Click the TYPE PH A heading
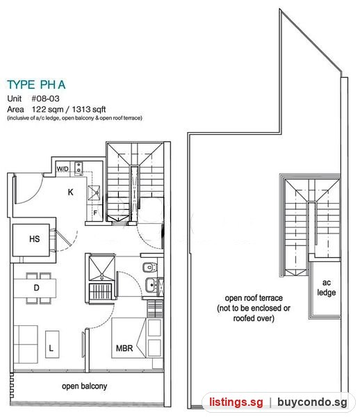pos(36,85)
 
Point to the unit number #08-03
pos(45,99)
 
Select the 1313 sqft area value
pos(89,109)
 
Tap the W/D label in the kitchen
pos(63,169)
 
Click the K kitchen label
pos(70,192)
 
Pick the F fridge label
pos(95,213)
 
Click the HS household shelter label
pos(35,239)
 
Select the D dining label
pos(36,288)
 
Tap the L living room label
pos(51,348)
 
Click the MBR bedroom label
pos(124,348)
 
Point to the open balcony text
pos(85,386)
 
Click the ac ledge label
pos(327,288)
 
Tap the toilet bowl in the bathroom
pos(149,268)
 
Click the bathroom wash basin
pos(152,285)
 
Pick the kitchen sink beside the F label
pos(94,193)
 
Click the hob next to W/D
pos(79,168)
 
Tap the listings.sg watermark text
pos(236,402)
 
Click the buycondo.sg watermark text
pos(312,402)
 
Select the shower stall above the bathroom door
pos(102,268)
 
